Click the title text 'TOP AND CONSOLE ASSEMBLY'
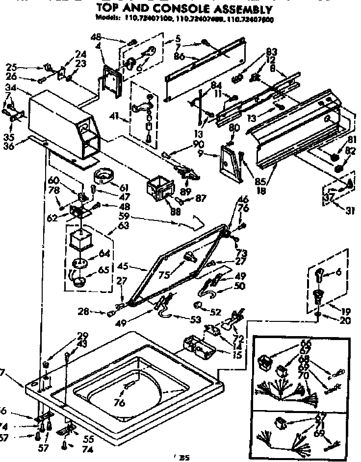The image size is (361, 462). click(184, 9)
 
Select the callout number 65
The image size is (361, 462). click(104, 270)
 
